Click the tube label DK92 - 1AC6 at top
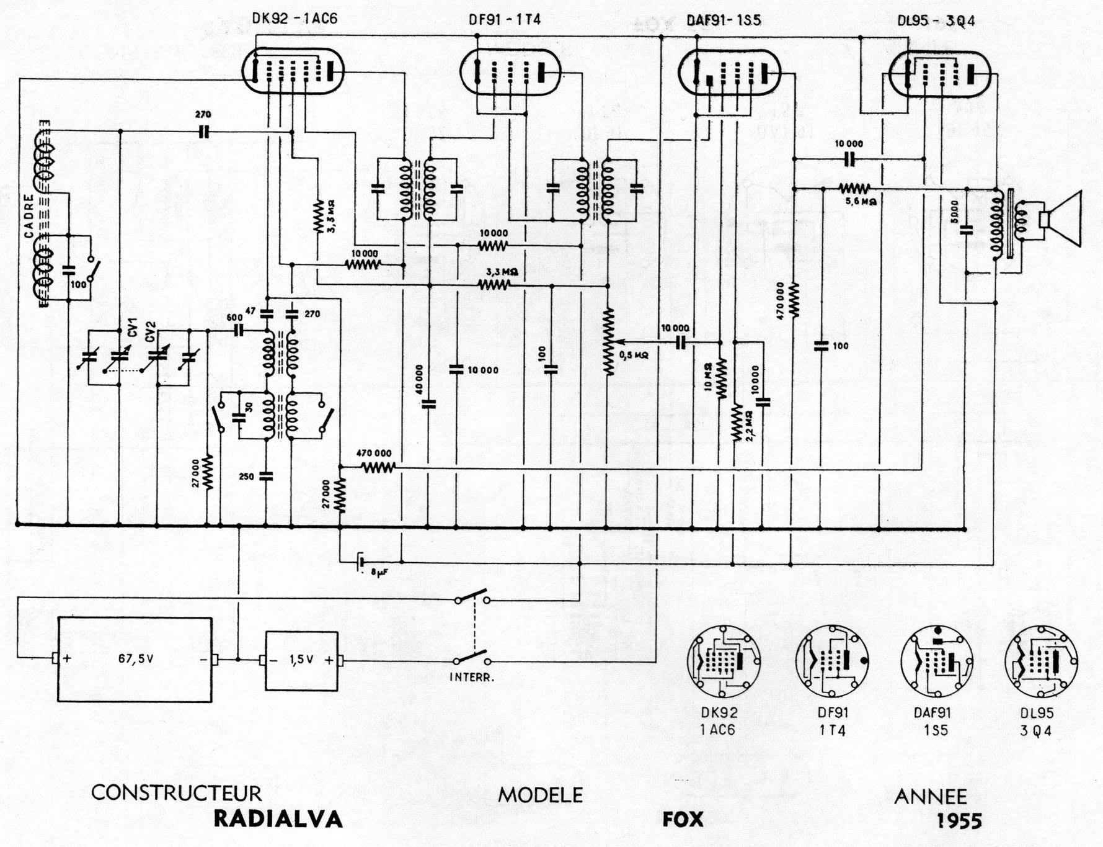coord(295,19)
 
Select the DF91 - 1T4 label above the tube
coord(505,20)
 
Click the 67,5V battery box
coord(135,659)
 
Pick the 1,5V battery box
coord(301,661)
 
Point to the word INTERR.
coord(472,678)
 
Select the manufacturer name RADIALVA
coord(278,819)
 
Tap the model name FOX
coord(683,819)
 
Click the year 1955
coord(959,821)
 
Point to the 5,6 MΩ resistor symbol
coord(855,188)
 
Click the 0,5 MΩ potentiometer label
coord(633,356)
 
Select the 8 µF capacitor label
coord(379,573)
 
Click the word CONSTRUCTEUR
coord(177,793)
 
